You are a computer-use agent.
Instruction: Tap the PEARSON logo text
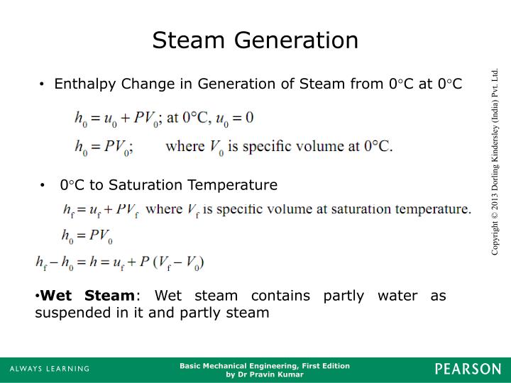[x=468, y=369]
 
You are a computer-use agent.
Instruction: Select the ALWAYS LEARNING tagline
[x=50, y=369]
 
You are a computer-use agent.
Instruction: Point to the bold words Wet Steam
[x=87, y=296]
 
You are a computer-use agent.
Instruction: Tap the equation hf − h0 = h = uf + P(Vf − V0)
[x=120, y=262]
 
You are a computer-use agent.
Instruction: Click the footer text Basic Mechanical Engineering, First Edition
[x=265, y=365]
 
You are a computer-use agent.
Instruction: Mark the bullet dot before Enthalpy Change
[x=43, y=85]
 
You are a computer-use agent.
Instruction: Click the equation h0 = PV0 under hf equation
[x=87, y=235]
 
